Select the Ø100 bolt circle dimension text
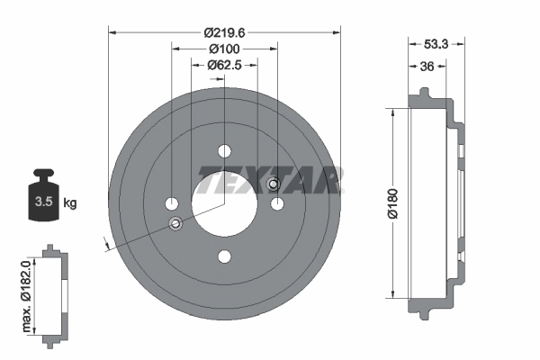224,48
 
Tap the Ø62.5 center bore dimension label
224,65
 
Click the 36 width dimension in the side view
427,65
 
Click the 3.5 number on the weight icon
42,202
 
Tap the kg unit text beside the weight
70,202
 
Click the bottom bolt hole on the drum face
224,256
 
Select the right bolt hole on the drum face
277,204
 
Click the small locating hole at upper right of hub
274,185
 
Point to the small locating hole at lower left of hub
175,223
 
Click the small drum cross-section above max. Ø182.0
55,292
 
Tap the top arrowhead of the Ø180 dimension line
392,112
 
